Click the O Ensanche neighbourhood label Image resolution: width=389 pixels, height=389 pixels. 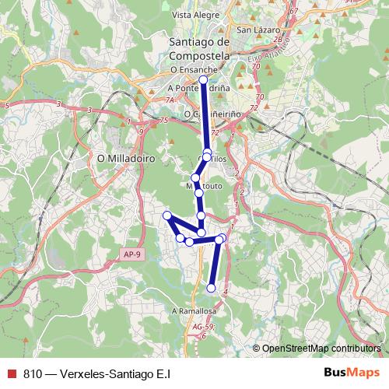tap(192, 69)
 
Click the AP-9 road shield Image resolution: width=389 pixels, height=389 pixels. tap(133, 254)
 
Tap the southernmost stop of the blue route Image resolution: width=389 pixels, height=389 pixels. tap(211, 289)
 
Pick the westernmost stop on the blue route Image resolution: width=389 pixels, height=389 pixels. tap(166, 216)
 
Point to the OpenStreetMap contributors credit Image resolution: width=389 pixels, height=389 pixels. tap(320, 348)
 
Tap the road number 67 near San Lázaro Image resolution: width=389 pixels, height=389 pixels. tap(293, 11)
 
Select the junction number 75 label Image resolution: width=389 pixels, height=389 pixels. tap(163, 121)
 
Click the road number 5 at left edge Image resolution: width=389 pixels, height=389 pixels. tap(6, 104)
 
